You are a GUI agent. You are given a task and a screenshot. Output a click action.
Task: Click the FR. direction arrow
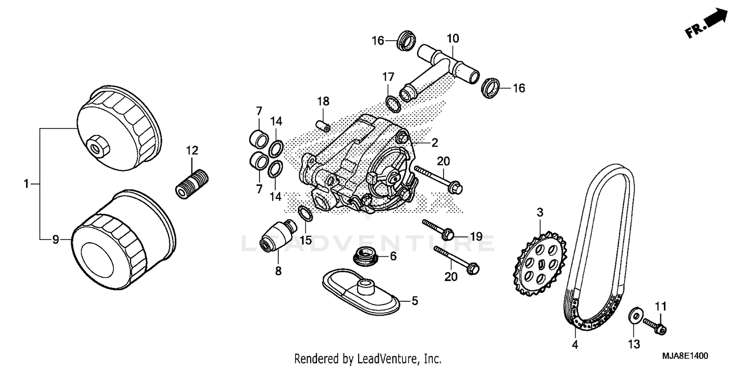pos(708,24)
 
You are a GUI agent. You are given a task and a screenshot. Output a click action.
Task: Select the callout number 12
pos(191,150)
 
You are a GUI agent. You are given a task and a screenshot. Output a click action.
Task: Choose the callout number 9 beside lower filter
pos(55,239)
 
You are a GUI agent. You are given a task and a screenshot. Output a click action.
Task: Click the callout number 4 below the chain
pos(574,345)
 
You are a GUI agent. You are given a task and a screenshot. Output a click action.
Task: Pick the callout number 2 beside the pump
pos(434,143)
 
